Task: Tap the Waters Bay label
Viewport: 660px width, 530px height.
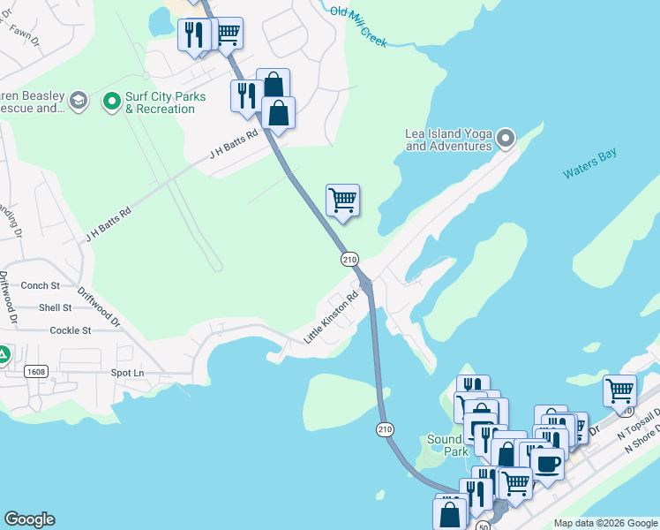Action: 590,164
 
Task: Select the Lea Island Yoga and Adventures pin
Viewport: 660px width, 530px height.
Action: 506,138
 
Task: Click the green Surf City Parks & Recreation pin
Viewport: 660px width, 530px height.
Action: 112,102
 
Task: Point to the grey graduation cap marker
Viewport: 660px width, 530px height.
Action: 78,102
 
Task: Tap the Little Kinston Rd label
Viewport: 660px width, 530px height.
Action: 331,318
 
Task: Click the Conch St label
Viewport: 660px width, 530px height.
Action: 40,285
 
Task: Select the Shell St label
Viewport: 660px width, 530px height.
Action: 55,307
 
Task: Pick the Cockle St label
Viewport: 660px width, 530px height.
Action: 71,330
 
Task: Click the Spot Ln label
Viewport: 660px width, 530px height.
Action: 127,373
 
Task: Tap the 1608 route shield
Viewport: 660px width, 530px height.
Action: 35,371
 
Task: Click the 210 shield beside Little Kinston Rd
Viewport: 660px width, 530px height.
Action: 349,259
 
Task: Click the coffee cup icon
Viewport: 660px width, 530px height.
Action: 547,462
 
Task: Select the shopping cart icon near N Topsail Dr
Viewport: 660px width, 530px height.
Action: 619,389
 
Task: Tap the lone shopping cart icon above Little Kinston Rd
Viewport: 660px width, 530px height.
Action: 342,199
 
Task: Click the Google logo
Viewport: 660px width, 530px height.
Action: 29,519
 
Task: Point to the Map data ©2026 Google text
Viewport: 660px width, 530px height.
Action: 604,523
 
